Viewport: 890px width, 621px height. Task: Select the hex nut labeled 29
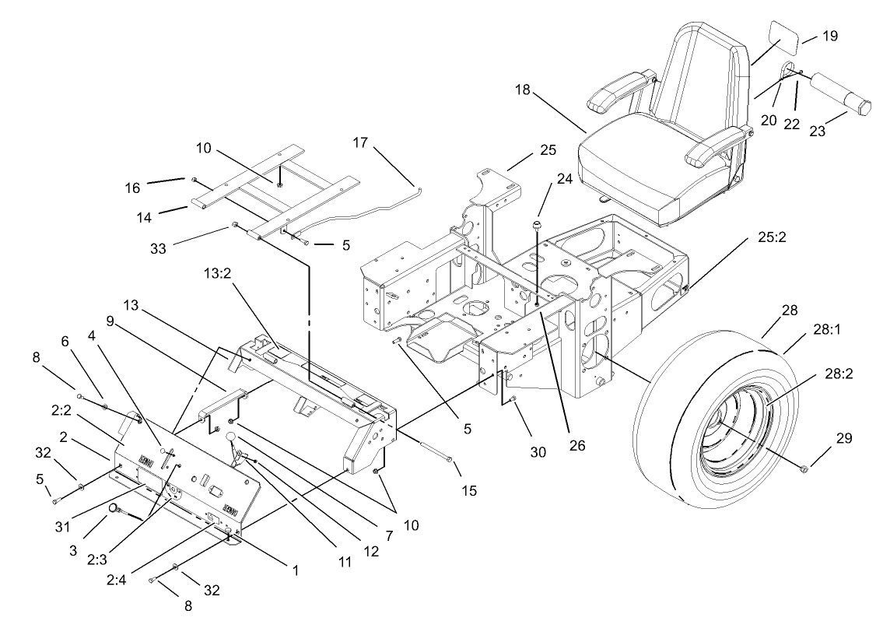[x=804, y=468]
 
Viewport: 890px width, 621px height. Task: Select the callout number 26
[x=576, y=447]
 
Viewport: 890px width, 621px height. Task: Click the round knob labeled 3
[x=114, y=509]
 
